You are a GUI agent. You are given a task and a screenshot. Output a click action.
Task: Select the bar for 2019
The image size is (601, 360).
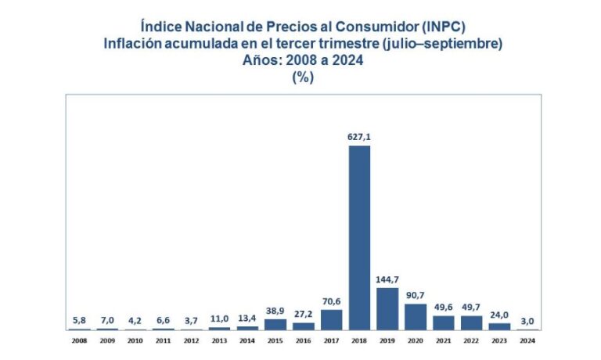(x=387, y=308)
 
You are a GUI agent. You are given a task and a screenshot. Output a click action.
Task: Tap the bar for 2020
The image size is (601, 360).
(x=416, y=316)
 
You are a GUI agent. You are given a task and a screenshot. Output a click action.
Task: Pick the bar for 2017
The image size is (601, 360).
(x=331, y=319)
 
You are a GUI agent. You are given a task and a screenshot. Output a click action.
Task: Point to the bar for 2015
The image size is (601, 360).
(x=275, y=324)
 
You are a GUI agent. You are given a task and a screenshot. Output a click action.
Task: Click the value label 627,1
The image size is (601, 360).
(x=359, y=137)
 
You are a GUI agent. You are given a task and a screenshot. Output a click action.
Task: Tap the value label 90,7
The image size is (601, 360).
(x=416, y=296)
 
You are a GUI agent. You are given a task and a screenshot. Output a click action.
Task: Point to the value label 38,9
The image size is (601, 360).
(x=275, y=311)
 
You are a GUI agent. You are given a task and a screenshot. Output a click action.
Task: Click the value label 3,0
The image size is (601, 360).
(x=527, y=321)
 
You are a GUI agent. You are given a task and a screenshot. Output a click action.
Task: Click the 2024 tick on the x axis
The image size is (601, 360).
(x=527, y=340)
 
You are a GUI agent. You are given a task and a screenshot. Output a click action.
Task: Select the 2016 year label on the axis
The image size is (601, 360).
(x=303, y=340)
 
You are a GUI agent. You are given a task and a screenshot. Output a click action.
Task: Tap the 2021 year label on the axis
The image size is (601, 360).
(x=444, y=340)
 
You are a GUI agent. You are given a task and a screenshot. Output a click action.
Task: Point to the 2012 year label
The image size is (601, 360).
(x=191, y=340)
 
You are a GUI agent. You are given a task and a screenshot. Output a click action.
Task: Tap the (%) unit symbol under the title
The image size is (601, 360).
(x=301, y=77)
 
